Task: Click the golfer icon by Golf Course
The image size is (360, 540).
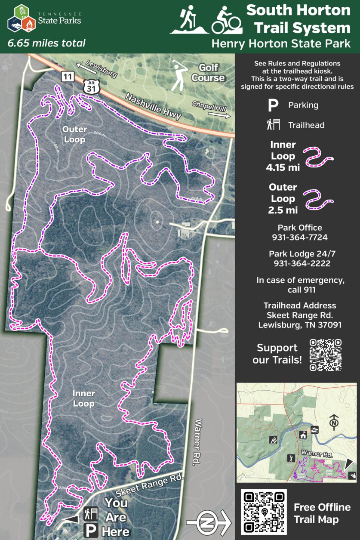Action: [x=177, y=76]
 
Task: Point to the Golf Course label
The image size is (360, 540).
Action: [x=208, y=73]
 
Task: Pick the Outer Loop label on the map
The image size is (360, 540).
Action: [x=74, y=134]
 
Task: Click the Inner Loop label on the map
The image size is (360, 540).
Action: [x=83, y=398]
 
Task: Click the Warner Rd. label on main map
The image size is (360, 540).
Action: [x=197, y=442]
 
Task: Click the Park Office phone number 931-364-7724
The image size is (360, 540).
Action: [x=299, y=238]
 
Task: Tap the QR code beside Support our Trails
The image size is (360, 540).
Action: [x=326, y=355]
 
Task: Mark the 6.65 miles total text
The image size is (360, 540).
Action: [x=46, y=43]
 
